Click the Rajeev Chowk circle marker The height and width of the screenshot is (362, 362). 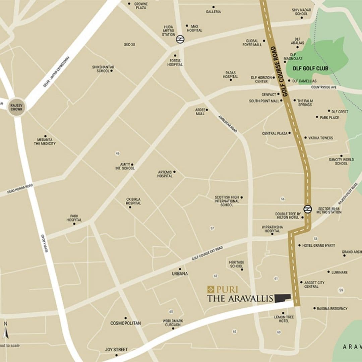[16, 107]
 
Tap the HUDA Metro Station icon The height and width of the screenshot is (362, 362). [180, 39]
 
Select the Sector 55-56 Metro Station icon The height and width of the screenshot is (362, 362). [307, 209]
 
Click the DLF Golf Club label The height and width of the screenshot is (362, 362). [310, 69]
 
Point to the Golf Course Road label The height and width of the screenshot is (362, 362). [281, 72]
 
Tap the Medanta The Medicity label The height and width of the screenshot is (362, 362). [45, 141]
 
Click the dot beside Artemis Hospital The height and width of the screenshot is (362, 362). [174, 172]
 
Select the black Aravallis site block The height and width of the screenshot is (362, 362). [282, 298]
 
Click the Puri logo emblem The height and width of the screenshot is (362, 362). [210, 289]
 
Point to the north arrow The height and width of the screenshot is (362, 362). [5, 333]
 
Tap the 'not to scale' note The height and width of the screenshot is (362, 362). [10, 346]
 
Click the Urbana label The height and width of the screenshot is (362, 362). [180, 274]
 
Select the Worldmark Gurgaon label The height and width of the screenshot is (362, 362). [173, 323]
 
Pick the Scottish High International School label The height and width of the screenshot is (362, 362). [227, 201]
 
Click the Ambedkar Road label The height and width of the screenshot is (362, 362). [228, 124]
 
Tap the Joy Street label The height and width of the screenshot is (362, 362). [116, 350]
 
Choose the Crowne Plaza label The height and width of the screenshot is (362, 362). [141, 6]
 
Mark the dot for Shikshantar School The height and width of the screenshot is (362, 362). [112, 71]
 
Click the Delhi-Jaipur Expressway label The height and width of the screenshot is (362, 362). [56, 71]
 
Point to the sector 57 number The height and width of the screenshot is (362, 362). [212, 228]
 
